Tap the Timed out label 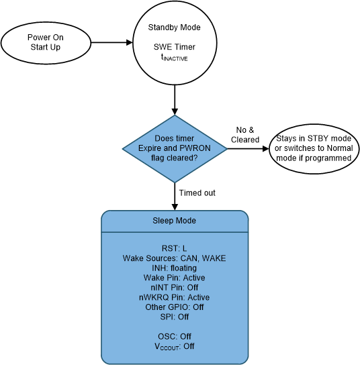[x=197, y=193]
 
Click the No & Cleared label [x=245, y=135]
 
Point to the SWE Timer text [x=175, y=48]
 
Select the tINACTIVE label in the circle [x=175, y=59]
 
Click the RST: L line [x=175, y=248]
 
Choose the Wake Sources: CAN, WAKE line [x=175, y=258]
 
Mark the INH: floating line [x=175, y=268]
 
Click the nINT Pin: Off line [x=175, y=287]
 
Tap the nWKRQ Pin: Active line [x=175, y=297]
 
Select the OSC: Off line [x=175, y=335]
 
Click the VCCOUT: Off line [x=175, y=346]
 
